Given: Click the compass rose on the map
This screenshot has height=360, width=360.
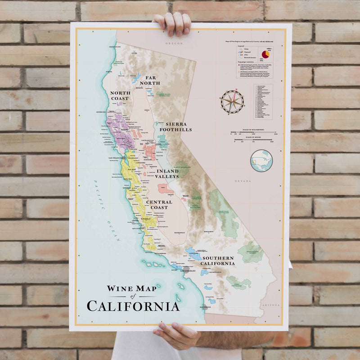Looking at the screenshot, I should click(232, 101).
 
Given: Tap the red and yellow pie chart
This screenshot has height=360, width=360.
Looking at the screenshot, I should click(265, 54).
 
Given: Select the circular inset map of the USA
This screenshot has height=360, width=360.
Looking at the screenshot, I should click(261, 161).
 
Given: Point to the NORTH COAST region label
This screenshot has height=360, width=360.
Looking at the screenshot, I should click(120, 95).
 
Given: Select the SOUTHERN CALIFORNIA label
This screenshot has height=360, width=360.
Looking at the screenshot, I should click(218, 261).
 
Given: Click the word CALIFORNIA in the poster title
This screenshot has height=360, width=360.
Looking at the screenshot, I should click(133, 306).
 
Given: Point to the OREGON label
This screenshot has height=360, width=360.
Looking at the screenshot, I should click(173, 43).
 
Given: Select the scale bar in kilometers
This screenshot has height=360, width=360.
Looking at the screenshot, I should click(253, 133).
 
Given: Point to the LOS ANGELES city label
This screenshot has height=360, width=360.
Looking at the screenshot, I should click(188, 271).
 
